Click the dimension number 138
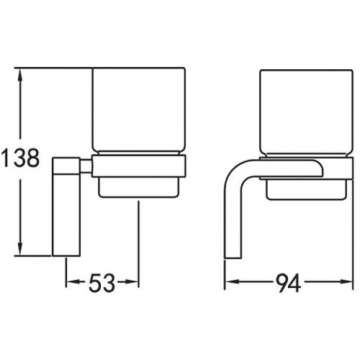pyautogui.click(x=19, y=158)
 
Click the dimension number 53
pyautogui.click(x=102, y=282)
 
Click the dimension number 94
pyautogui.click(x=288, y=284)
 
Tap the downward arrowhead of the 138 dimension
pyautogui.click(x=20, y=249)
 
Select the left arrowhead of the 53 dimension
pyautogui.click(x=73, y=282)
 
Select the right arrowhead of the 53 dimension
pyautogui.click(x=132, y=282)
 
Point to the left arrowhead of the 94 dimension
pyautogui.click(x=233, y=282)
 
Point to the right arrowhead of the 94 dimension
pyautogui.click(x=346, y=282)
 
